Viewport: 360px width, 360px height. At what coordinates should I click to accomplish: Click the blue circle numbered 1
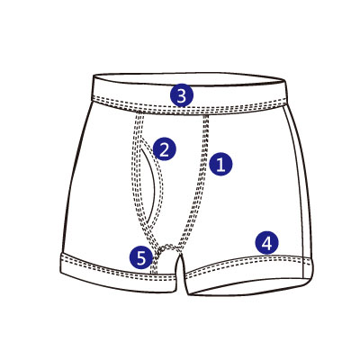click(220, 164)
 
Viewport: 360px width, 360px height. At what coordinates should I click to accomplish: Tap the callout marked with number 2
click(164, 149)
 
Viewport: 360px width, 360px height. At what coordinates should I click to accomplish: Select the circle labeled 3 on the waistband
click(182, 95)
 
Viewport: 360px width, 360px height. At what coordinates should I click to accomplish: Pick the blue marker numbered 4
click(266, 243)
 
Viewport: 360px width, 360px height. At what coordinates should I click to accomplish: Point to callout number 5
click(141, 257)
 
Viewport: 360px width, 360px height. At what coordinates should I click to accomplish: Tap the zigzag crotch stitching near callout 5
click(166, 247)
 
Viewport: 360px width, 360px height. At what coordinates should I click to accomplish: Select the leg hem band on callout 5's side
click(118, 272)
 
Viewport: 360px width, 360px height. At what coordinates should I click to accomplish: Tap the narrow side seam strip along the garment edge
click(299, 186)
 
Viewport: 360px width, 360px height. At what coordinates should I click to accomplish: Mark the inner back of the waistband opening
click(189, 79)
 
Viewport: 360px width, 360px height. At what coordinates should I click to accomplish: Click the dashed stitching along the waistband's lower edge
click(188, 109)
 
